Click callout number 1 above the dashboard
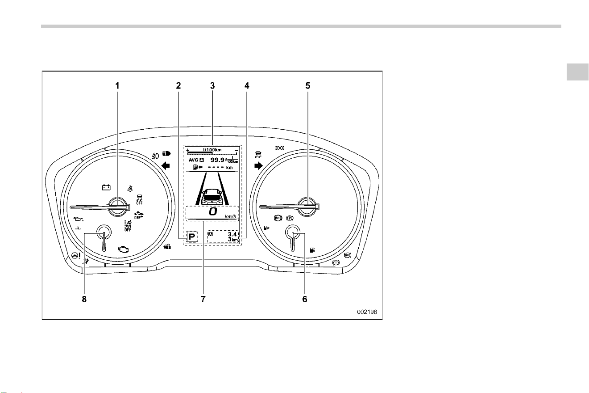(x=117, y=86)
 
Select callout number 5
(x=307, y=86)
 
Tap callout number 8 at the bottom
(x=84, y=299)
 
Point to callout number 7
(x=203, y=299)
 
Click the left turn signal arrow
(x=166, y=166)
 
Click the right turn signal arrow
(x=258, y=166)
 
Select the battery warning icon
(x=106, y=187)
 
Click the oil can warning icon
(x=79, y=219)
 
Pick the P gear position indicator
(x=192, y=237)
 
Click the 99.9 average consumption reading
(x=217, y=160)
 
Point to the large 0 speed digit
(x=213, y=211)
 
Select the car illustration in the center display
(x=212, y=197)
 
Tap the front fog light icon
(x=155, y=156)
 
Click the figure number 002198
(x=367, y=312)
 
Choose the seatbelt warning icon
(x=130, y=188)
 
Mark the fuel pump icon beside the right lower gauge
(x=312, y=250)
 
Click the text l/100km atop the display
(x=212, y=150)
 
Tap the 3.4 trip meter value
(x=232, y=234)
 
